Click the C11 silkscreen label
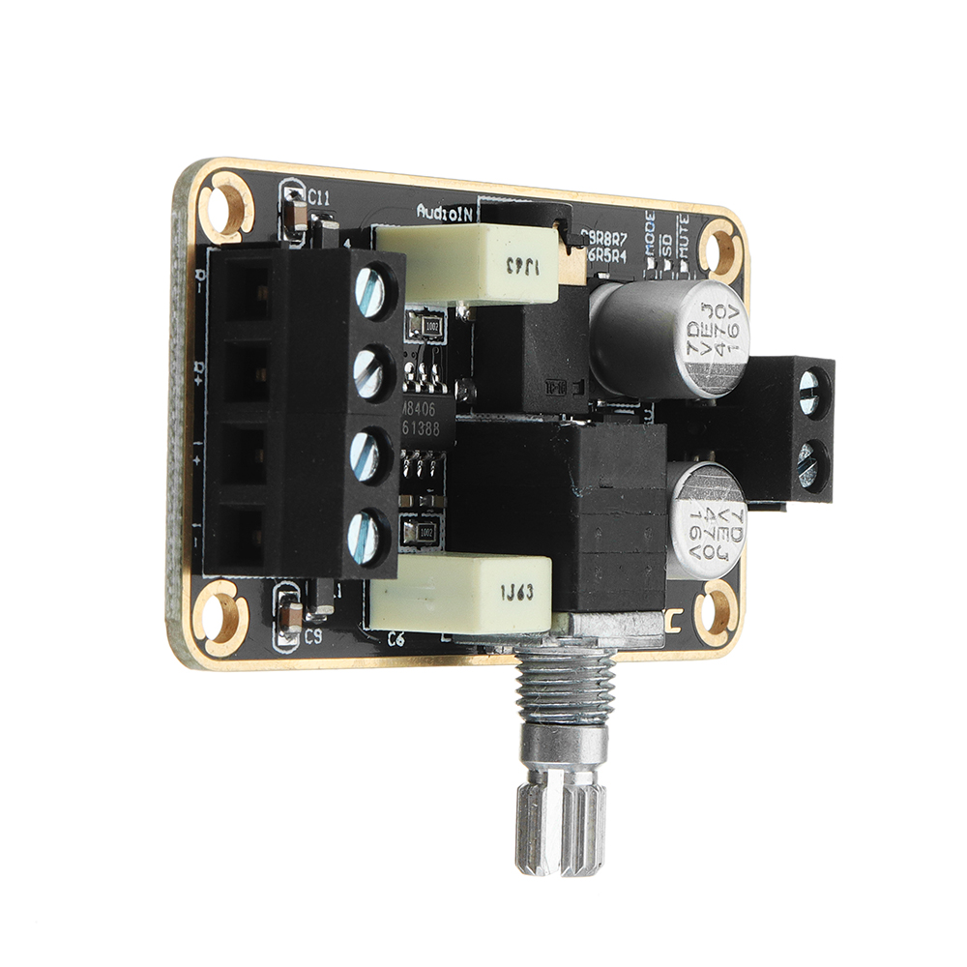click(x=318, y=199)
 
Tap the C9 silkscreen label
click(x=312, y=637)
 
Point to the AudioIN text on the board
click(x=443, y=212)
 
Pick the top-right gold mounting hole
click(x=720, y=246)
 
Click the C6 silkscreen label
click(x=396, y=638)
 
